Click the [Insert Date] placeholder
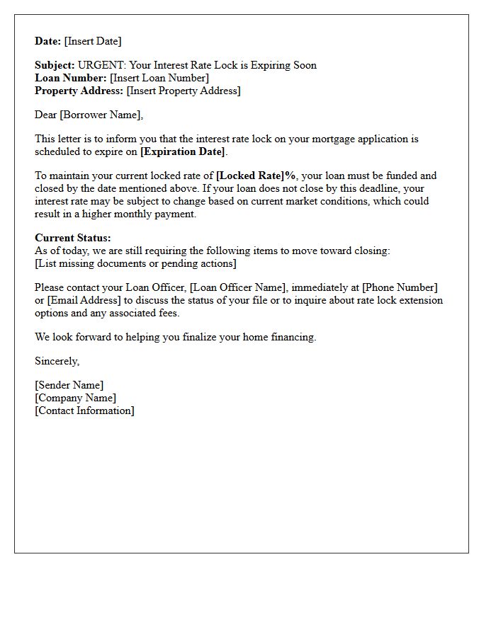point(93,41)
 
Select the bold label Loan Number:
point(71,78)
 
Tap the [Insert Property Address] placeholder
point(184,91)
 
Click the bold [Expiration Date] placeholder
point(183,151)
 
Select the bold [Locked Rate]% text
point(256,176)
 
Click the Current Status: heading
point(73,238)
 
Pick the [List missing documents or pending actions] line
point(135,263)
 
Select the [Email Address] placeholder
point(84,300)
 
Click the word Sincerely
point(57,361)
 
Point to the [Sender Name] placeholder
point(69,385)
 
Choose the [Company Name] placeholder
point(75,398)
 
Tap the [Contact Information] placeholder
point(84,411)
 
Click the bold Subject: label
point(55,65)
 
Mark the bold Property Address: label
point(79,91)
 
